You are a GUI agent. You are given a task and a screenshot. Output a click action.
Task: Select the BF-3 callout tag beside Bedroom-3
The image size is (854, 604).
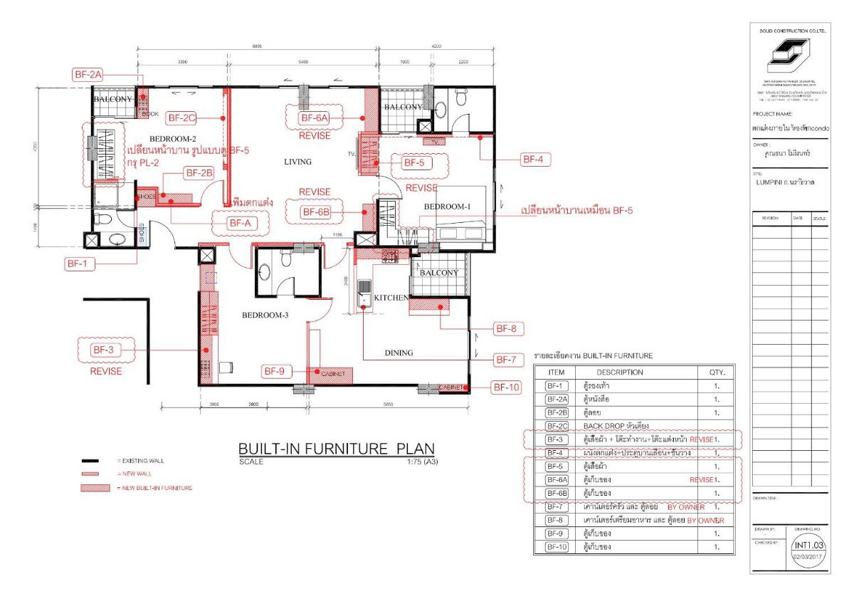point(102,350)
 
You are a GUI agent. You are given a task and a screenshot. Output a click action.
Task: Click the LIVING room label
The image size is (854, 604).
point(297,162)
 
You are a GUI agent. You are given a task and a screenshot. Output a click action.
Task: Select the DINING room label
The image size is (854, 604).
point(399,353)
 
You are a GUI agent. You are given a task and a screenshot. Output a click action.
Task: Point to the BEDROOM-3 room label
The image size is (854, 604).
point(265,316)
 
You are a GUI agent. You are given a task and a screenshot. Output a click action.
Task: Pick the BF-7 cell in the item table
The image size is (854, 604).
point(556,507)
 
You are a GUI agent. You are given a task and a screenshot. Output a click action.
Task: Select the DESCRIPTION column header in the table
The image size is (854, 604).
point(619,372)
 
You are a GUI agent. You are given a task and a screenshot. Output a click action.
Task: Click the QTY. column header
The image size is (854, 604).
point(716,372)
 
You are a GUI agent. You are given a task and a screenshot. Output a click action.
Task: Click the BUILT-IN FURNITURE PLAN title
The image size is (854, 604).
point(336,449)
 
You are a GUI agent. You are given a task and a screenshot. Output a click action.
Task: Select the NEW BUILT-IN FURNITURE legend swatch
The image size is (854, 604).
point(96,488)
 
